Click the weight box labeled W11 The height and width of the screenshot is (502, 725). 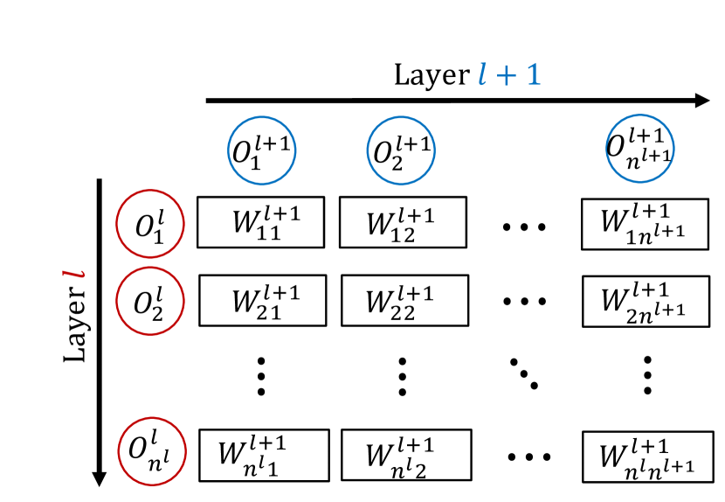[x=260, y=222]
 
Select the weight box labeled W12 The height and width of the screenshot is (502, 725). [x=402, y=222]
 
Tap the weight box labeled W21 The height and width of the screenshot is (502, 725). [x=262, y=300]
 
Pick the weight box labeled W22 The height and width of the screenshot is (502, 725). [x=404, y=300]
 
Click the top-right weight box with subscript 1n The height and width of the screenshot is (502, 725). [x=645, y=224]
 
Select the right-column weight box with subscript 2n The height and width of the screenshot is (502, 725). [x=646, y=301]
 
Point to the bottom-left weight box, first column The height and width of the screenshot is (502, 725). [x=264, y=455]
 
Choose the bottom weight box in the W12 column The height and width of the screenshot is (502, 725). [x=405, y=455]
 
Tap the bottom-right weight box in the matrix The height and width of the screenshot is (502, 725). [x=647, y=457]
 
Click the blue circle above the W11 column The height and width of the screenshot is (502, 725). [x=262, y=150]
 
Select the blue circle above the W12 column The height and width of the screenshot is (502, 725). [x=401, y=150]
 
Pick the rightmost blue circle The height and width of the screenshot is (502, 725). [x=640, y=150]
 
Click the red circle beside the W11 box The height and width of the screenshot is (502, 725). [x=150, y=224]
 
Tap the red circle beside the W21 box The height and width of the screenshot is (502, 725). [x=150, y=301]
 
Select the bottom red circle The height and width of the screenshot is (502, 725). [x=152, y=451]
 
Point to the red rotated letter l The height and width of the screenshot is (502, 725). [x=74, y=274]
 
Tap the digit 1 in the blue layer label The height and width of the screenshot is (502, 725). [x=533, y=74]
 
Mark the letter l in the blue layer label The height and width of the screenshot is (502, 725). [x=483, y=74]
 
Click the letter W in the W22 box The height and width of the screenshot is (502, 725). [x=379, y=303]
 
